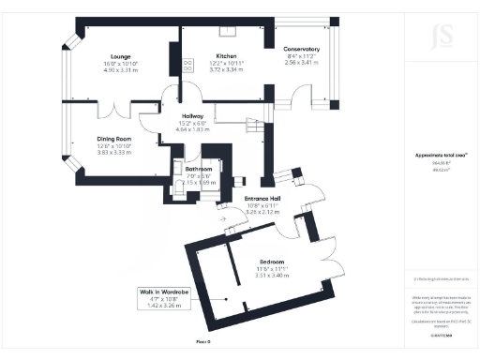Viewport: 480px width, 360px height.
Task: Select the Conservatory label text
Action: [302, 49]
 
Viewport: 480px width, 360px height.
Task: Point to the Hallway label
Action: [192, 117]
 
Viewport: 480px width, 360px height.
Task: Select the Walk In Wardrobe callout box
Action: [167, 298]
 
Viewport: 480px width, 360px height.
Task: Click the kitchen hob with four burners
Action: [187, 65]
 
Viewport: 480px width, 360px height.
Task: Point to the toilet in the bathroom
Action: [179, 167]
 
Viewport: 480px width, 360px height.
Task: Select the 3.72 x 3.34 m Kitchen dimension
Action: [225, 69]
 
